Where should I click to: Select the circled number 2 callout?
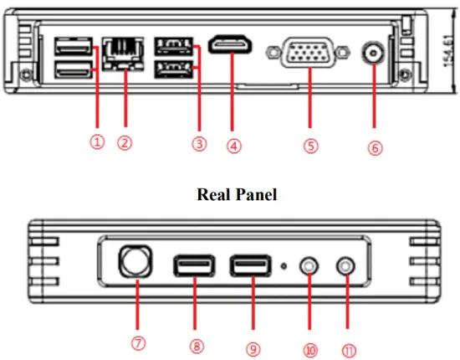pyautogui.click(x=124, y=142)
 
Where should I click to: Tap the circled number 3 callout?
pyautogui.click(x=198, y=143)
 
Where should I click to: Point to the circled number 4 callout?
pyautogui.click(x=234, y=145)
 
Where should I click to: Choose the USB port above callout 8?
pyautogui.click(x=193, y=266)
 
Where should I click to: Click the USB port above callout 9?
pyautogui.click(x=249, y=266)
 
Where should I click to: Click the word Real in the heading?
pyautogui.click(x=213, y=194)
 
